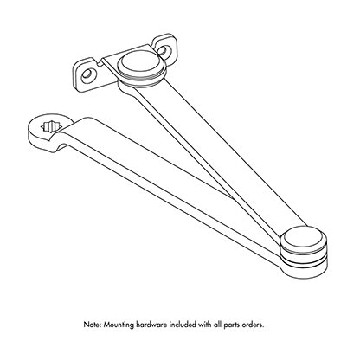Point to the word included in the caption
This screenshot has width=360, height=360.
[x=183, y=325]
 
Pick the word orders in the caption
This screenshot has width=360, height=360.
[x=253, y=325]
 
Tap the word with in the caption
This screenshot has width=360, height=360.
[x=205, y=325]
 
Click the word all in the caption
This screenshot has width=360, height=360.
[x=217, y=325]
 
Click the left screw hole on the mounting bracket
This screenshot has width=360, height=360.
[x=87, y=75]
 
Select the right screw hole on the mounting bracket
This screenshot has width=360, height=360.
[x=163, y=50]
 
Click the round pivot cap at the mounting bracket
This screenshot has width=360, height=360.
[x=141, y=66]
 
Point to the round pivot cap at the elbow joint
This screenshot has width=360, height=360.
[x=304, y=239]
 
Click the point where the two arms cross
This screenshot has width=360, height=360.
[x=231, y=197]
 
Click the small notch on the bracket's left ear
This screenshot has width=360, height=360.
[x=100, y=63]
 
